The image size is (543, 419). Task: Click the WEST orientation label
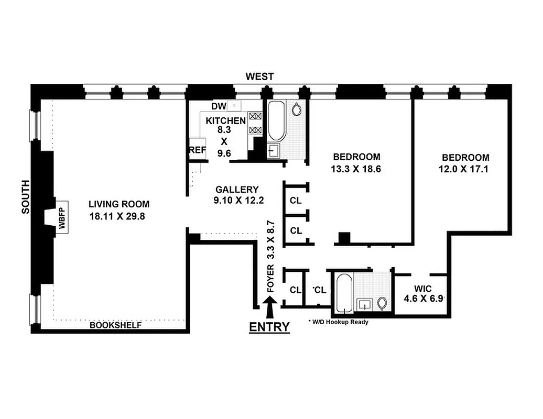260,77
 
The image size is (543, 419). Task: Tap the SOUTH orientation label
25,196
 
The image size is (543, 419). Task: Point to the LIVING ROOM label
118,204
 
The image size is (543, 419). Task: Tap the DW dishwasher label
219,106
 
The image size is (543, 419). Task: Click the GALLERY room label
237,190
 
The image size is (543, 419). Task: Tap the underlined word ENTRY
269,327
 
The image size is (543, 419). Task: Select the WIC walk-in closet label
422,289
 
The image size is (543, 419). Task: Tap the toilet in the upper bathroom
297,111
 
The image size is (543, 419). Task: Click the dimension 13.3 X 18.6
356,169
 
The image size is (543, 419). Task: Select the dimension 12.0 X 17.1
465,169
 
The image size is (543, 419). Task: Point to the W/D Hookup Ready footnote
339,322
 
